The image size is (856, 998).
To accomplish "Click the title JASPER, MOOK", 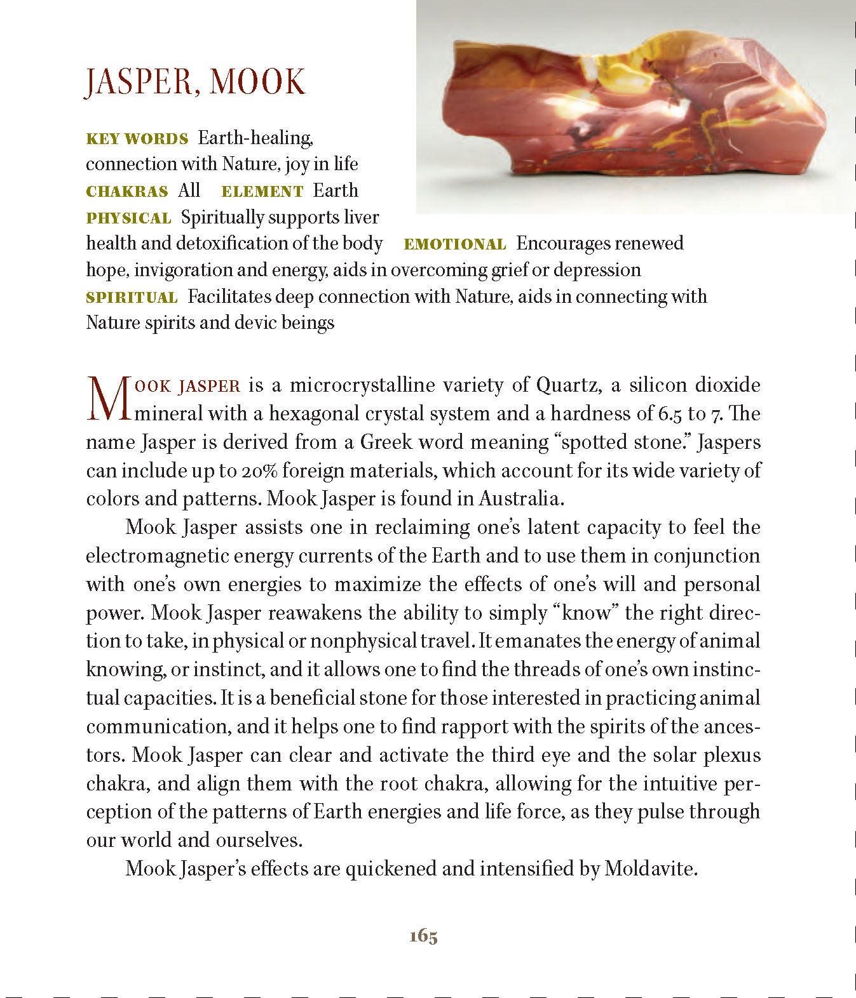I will click(x=195, y=82).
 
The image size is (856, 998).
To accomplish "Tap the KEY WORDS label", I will click(x=137, y=138).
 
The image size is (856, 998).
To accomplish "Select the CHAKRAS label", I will click(x=127, y=192).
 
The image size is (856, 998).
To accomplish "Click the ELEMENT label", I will click(x=262, y=192).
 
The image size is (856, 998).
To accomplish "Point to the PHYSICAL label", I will click(x=128, y=218).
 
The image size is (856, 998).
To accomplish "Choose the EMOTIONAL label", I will click(x=455, y=244).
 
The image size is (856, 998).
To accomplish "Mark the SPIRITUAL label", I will click(x=132, y=298).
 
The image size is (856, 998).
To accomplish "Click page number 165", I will click(x=423, y=936).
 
